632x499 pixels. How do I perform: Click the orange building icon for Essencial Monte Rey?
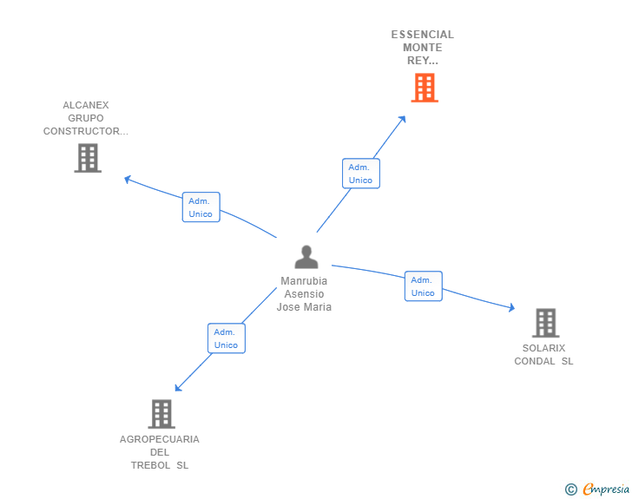pos(424,88)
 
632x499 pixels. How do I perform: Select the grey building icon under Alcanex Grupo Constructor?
pos(88,158)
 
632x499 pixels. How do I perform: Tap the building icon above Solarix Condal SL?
pos(545,323)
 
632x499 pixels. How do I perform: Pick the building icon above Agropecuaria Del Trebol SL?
pos(161,414)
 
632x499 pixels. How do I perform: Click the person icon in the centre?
pos(306,257)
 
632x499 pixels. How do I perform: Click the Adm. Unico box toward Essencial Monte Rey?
pos(360,174)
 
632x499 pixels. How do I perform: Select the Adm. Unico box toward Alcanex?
pos(201,207)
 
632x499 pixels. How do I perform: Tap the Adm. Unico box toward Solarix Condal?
pos(423,286)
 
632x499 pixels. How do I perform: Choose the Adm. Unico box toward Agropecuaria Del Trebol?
pos(226,338)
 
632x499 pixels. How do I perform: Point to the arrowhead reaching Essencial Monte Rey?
pos(403,119)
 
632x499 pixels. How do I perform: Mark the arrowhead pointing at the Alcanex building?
pos(128,179)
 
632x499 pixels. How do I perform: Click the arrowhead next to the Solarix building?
pos(511,308)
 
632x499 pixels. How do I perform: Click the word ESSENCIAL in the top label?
pos(422,35)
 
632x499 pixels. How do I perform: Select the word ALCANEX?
pos(86,105)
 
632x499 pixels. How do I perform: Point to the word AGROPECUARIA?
pos(160,439)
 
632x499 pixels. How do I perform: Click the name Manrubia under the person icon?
pos(304,281)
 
